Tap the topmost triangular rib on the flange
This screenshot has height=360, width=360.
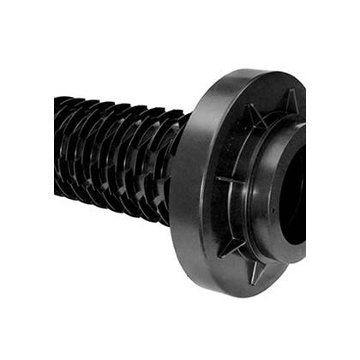point(290,102)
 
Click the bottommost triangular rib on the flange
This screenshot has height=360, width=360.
point(258,273)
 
